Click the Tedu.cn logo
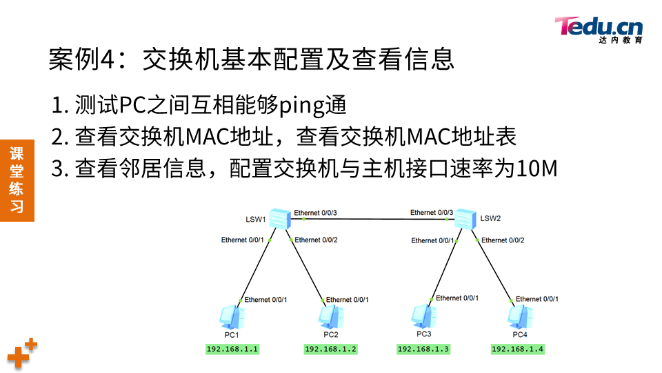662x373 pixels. [599, 29]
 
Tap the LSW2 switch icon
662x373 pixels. [465, 219]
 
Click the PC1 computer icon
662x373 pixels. [230, 317]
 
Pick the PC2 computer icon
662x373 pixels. [330, 316]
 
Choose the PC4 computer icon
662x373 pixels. [519, 316]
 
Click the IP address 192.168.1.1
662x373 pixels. [232, 349]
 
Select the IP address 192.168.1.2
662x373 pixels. [330, 349]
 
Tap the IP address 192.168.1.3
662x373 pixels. [423, 349]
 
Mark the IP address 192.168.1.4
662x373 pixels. [518, 349]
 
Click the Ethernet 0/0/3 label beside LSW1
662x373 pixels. [315, 212]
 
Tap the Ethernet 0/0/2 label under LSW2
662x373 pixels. [503, 240]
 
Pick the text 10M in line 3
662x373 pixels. [538, 168]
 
